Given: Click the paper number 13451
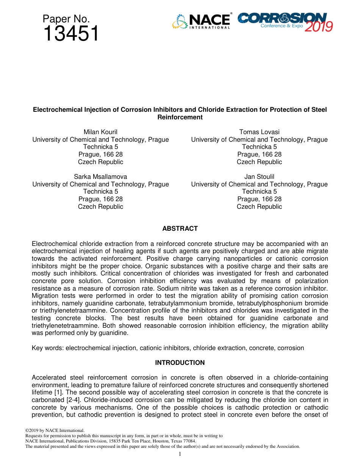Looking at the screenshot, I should tap(71, 34).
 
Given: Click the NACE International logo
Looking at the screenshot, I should tap(202, 22).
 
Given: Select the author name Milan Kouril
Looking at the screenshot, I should tap(100, 132).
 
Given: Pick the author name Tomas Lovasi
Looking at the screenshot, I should tap(259, 132).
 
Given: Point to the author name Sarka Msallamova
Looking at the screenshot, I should tap(100, 177).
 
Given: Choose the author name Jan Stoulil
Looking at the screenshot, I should tap(259, 177).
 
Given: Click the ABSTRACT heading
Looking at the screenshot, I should tap(180, 228).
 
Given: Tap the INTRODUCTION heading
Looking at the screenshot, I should tap(180, 363).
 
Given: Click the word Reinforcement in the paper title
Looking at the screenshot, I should tap(180, 117).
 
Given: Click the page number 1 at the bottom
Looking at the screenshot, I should tap(180, 454).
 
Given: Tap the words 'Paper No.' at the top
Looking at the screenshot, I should tap(66, 19).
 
